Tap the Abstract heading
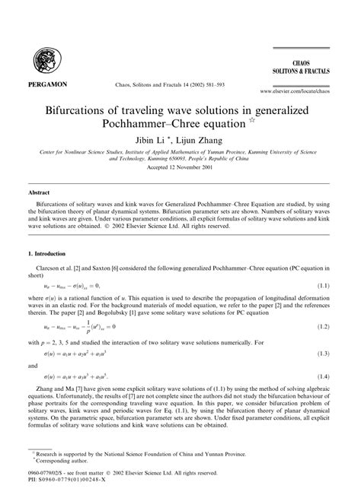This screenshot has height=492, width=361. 39,194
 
